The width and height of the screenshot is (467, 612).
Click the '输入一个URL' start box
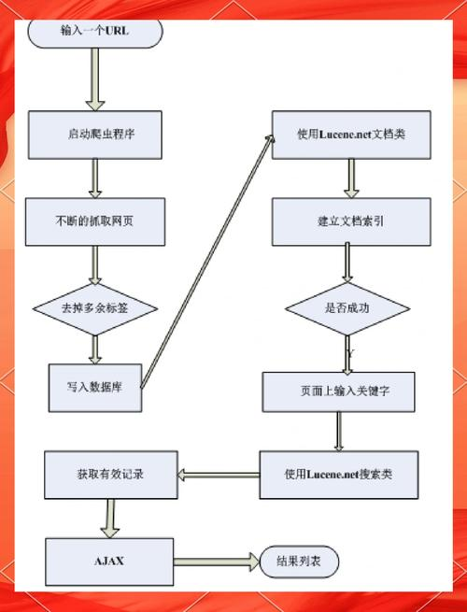tap(94, 30)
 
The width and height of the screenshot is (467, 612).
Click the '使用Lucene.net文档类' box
tap(350, 135)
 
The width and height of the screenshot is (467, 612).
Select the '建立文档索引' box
tap(351, 221)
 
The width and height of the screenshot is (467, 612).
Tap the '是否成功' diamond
tap(347, 308)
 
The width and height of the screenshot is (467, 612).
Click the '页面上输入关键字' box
tap(338, 392)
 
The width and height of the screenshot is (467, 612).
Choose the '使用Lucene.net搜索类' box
tap(337, 475)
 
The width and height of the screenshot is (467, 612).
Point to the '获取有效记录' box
tap(110, 475)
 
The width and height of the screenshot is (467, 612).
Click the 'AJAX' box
tap(109, 561)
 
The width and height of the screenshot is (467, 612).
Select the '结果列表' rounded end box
tap(300, 562)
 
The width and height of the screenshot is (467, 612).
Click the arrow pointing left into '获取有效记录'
tap(217, 475)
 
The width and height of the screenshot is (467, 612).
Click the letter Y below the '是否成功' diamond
tap(349, 353)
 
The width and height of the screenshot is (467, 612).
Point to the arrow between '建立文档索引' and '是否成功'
tap(347, 263)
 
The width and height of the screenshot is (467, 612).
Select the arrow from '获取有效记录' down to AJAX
tap(110, 517)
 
